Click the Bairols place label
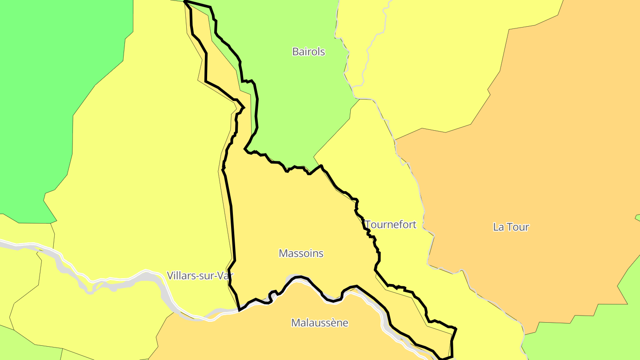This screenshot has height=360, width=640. [308, 52]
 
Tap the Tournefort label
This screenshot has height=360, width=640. [391, 224]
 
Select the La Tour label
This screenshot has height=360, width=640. [511, 227]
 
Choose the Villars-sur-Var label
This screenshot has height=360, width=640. [200, 276]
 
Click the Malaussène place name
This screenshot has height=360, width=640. [320, 323]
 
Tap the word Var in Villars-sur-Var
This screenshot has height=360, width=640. [225, 276]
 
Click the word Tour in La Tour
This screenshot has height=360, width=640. [517, 227]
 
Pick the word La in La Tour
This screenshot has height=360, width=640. [498, 227]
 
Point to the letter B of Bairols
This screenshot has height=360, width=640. [295, 52]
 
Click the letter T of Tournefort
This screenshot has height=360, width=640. [368, 224]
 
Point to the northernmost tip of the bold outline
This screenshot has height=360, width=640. [184, 2]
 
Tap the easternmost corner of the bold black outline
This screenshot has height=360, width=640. [456, 329]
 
